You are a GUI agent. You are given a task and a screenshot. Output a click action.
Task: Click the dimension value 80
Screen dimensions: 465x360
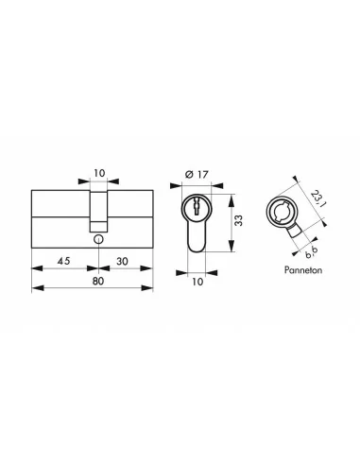tap(94, 280)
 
